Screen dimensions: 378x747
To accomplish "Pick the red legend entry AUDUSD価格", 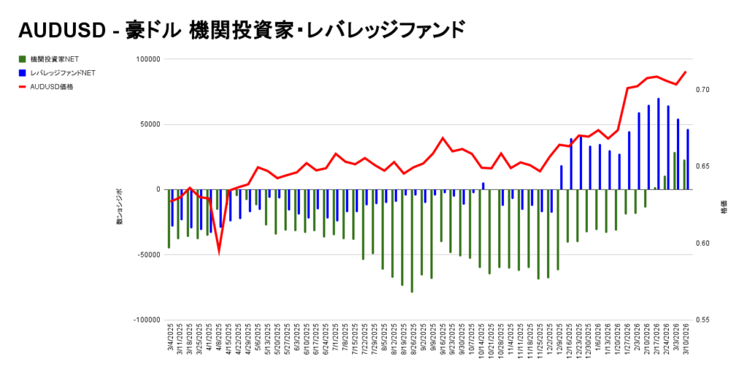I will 51,86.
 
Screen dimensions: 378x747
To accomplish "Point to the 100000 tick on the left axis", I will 146,59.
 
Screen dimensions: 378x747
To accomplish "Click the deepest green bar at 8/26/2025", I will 411,241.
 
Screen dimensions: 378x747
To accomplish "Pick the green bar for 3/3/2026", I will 675,171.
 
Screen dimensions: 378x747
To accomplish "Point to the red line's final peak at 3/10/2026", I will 685,72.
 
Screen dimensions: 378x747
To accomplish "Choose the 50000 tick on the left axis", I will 148,124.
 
